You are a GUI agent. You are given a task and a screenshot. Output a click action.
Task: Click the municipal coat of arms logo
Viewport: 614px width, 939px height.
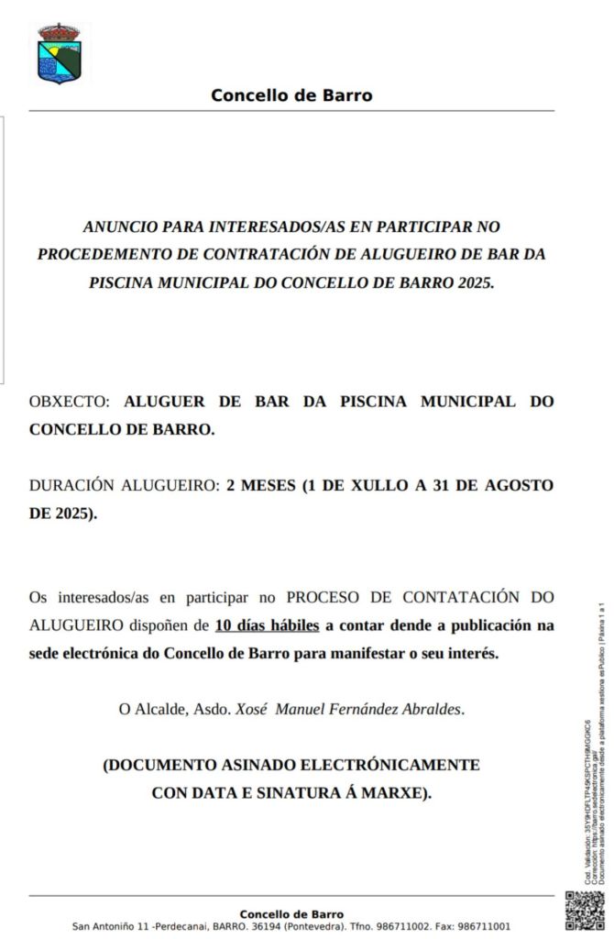coord(60,54)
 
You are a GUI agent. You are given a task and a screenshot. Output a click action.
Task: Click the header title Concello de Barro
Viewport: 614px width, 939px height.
coord(291,95)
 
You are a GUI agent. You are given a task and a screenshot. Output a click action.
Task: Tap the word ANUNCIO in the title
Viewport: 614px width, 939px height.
coord(120,226)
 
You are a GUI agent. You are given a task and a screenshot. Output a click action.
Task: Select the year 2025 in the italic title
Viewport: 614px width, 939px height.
coord(474,282)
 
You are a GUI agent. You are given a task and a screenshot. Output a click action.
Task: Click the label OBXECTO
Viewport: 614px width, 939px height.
coord(69,402)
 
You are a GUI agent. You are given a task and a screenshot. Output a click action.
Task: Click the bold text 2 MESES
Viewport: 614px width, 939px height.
coord(261,486)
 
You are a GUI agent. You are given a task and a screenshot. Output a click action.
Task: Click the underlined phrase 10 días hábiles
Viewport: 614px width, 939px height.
coord(267,626)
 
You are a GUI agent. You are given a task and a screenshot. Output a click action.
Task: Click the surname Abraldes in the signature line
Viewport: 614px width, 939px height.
coord(433,709)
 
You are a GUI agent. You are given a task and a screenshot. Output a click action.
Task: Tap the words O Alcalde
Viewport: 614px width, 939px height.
coord(149,709)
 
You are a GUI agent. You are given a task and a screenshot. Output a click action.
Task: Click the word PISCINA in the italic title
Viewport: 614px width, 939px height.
coord(124,282)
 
